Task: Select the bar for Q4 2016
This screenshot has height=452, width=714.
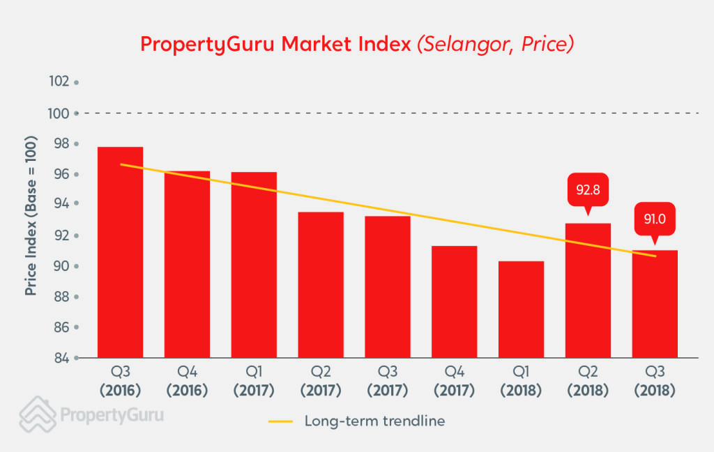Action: (187, 265)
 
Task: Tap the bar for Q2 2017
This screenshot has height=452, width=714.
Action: (321, 285)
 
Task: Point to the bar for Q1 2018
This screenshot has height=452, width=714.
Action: (521, 309)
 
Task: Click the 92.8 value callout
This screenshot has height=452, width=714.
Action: (588, 189)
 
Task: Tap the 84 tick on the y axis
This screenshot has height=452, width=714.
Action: (61, 358)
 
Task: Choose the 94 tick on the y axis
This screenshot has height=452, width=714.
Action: (61, 205)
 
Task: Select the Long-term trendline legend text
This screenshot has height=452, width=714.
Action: (374, 421)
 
